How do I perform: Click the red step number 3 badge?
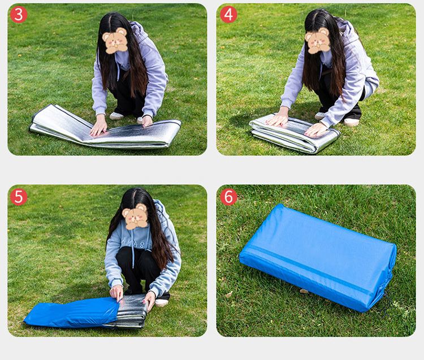click(x=19, y=14)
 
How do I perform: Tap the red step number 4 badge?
click(x=228, y=14)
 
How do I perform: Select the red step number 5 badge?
click(x=19, y=197)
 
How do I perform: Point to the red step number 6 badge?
click(x=228, y=197)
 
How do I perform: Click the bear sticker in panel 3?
click(x=115, y=41)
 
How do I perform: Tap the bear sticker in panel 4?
click(x=318, y=41)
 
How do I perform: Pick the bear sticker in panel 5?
click(x=135, y=217)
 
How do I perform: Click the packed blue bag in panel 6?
click(x=318, y=258)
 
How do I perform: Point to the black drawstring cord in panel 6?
click(x=386, y=303)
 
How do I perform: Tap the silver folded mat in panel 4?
click(x=295, y=133)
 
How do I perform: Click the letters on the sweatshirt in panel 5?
click(x=137, y=243)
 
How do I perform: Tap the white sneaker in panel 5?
click(x=162, y=303)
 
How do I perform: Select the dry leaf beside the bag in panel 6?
click(x=304, y=291)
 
